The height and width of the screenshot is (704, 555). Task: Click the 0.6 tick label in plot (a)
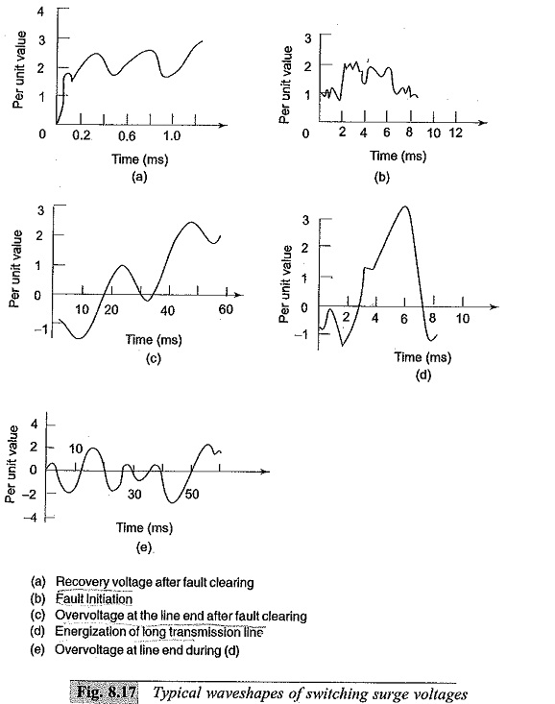(127, 135)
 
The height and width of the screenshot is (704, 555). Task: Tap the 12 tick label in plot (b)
(455, 134)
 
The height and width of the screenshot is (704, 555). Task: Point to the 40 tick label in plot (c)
(167, 310)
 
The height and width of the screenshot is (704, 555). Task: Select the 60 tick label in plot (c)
(226, 310)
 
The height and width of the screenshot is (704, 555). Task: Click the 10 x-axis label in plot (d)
(463, 319)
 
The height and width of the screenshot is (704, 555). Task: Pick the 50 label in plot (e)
(192, 495)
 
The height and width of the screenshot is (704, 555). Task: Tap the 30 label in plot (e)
(134, 495)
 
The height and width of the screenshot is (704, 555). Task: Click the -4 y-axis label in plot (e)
(32, 518)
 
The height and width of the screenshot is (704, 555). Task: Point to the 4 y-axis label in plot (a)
(41, 12)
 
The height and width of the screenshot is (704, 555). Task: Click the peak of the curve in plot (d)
(405, 206)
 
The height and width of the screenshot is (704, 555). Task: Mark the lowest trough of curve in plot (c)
(79, 338)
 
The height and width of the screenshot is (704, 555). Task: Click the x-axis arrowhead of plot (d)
(495, 306)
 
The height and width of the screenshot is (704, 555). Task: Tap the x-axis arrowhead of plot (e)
(265, 472)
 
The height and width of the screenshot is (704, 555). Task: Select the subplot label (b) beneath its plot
(381, 178)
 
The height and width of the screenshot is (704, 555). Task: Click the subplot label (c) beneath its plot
(153, 359)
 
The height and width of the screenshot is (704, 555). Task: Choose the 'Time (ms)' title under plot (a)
(139, 159)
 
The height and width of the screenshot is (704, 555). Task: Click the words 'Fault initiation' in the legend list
(94, 599)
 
